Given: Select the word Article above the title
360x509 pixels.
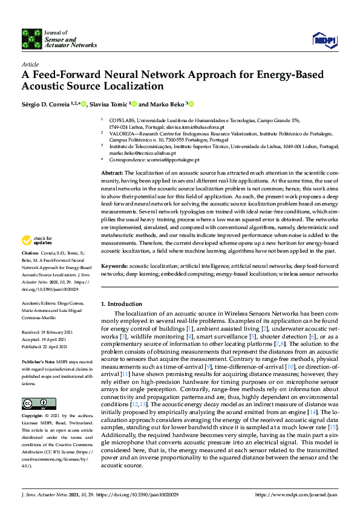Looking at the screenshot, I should [x=30, y=64].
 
